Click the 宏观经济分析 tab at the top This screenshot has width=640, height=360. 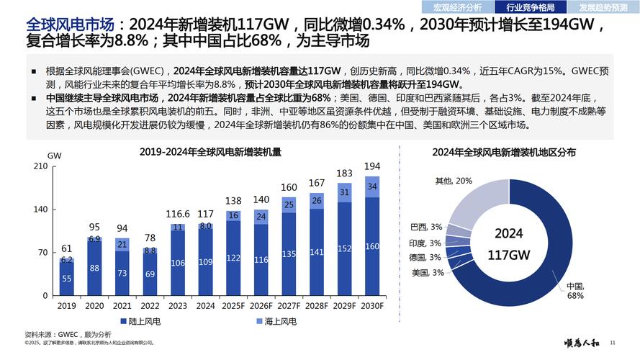(x=459, y=8)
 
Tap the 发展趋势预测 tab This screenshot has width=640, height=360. (x=603, y=8)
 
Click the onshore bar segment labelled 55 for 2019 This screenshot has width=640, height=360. (x=66, y=278)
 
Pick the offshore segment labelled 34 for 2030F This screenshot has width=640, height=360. (x=371, y=187)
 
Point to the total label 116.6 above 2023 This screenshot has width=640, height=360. (x=178, y=214)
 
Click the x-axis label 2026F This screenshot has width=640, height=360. (x=261, y=305)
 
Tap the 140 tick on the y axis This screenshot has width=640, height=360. (x=41, y=210)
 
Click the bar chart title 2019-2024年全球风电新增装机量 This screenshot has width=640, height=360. (x=210, y=152)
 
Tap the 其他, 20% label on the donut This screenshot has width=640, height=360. (x=453, y=180)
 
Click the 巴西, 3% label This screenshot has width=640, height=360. (x=425, y=227)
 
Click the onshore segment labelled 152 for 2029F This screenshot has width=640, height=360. (x=344, y=248)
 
